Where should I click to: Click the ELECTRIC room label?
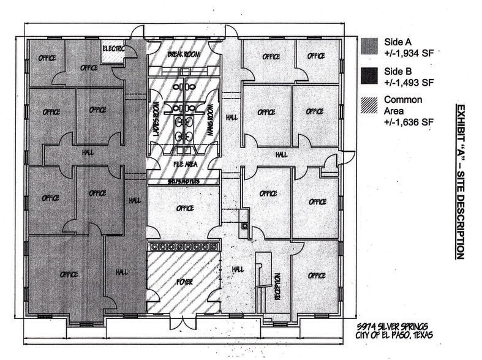coord(114,48)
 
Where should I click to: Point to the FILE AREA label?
coord(184,163)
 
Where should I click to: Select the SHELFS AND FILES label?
coord(184,182)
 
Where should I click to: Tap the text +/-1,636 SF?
coord(409,122)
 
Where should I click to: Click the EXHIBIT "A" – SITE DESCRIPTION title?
coord(459,181)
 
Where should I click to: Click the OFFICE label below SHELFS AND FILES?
coord(184,209)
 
